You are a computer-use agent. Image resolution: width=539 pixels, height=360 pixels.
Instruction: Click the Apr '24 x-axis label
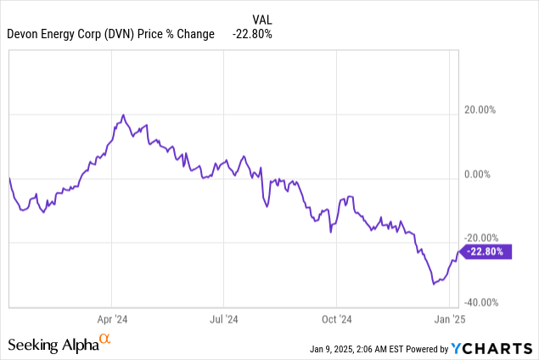[112, 320]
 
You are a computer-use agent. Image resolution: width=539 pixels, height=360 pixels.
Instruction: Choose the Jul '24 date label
[224, 320]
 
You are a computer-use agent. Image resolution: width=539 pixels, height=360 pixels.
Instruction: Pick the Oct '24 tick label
[336, 320]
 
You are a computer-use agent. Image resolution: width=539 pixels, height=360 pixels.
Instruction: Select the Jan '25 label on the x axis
[448, 320]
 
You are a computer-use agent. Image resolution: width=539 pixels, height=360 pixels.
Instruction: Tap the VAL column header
[262, 19]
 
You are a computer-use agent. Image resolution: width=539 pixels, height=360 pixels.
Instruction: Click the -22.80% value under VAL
[252, 34]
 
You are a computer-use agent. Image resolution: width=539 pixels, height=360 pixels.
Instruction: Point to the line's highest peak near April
[123, 115]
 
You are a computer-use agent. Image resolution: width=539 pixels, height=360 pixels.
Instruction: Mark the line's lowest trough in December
[434, 284]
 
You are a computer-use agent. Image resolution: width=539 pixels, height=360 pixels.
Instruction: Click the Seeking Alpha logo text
[53, 345]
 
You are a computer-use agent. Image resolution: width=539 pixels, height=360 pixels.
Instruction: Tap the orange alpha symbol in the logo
[105, 340]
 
